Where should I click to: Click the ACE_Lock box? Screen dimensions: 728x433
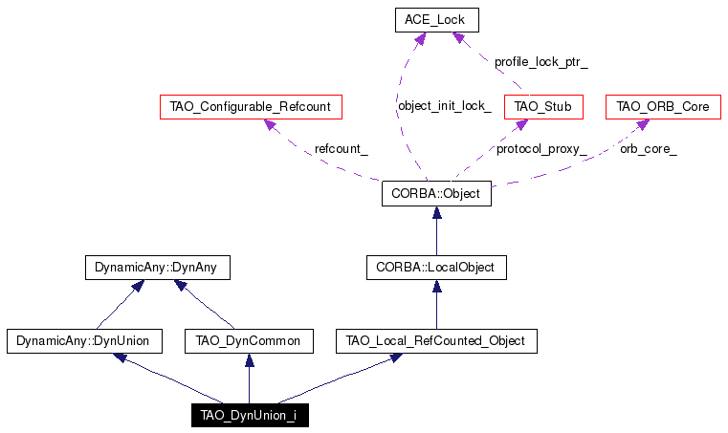(x=437, y=20)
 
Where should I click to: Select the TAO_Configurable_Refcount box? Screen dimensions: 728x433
(x=251, y=107)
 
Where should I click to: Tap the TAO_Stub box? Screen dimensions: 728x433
(x=543, y=107)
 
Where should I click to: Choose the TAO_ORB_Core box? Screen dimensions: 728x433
(x=663, y=107)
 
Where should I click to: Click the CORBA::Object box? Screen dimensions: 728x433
(x=436, y=193)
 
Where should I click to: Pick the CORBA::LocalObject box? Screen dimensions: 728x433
(x=436, y=268)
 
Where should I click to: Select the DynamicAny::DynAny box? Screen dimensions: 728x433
(x=158, y=268)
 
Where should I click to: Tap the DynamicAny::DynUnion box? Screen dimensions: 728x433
(x=84, y=341)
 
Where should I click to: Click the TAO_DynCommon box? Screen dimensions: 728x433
(x=249, y=341)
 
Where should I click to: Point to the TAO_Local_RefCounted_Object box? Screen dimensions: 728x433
(x=436, y=341)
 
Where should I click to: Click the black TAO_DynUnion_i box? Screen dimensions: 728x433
(x=250, y=415)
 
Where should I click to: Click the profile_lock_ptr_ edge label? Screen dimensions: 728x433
(x=540, y=62)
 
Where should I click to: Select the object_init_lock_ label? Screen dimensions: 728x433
(x=444, y=106)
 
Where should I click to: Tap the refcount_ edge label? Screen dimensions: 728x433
(x=342, y=149)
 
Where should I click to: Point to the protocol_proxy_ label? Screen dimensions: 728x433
(x=541, y=149)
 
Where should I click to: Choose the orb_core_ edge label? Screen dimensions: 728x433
(x=649, y=149)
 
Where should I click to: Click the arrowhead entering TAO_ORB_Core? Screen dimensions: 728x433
(x=643, y=124)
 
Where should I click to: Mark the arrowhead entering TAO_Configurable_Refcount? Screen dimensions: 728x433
(x=270, y=124)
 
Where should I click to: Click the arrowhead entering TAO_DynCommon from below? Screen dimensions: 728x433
(x=250, y=360)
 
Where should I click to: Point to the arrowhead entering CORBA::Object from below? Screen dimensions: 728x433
(x=436, y=212)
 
